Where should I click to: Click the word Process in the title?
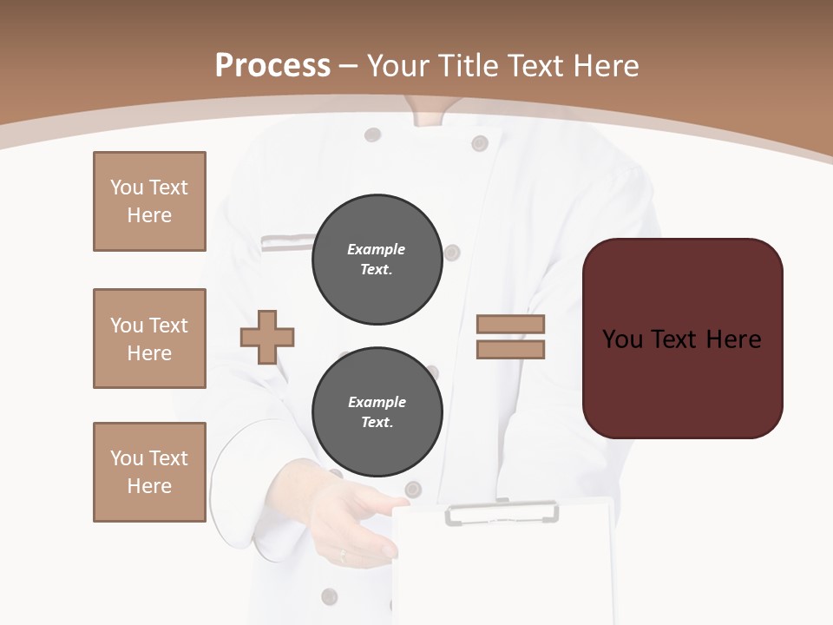tap(272, 66)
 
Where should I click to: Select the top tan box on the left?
tap(149, 201)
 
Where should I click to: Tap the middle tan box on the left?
tap(149, 339)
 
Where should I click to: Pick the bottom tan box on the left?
tap(149, 472)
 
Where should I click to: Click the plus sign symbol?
tap(267, 337)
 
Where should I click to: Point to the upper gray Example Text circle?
tap(377, 260)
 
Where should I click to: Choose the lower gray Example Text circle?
tap(377, 412)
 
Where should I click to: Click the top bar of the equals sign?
tap(510, 325)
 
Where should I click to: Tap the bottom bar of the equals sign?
tap(510, 350)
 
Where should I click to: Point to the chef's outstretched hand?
tap(347, 521)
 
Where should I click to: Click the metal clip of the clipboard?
tap(502, 512)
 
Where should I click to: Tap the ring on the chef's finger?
tap(342, 554)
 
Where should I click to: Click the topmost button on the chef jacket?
tap(372, 135)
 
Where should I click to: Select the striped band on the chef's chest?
tap(286, 242)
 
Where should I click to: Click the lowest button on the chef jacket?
tap(329, 596)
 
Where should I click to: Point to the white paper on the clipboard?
tap(503, 573)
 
